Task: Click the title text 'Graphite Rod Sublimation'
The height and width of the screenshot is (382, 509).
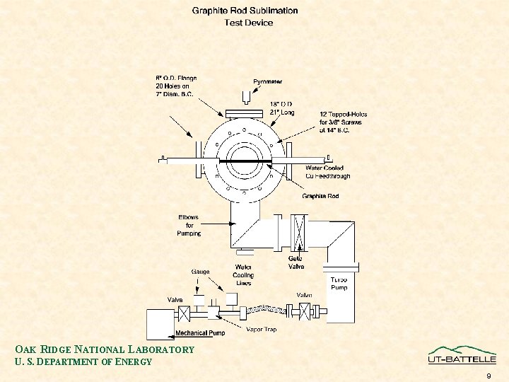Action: (245, 11)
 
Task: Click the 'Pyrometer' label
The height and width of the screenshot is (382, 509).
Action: (268, 81)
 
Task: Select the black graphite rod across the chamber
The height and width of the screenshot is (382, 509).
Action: (245, 161)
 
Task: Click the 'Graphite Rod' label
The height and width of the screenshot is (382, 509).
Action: (320, 196)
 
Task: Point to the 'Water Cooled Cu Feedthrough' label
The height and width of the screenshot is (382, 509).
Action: (327, 172)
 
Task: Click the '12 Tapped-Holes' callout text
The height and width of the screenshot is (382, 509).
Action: (343, 122)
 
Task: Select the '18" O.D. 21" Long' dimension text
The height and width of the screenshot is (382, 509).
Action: (282, 108)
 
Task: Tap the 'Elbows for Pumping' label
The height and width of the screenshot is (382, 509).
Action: (189, 225)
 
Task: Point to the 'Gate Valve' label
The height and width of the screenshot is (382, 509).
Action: (296, 262)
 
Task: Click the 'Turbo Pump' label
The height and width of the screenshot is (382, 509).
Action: (339, 283)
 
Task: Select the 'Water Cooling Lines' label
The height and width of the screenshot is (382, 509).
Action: (243, 275)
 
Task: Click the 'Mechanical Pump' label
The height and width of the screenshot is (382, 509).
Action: (201, 332)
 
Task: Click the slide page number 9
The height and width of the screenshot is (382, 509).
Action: (488, 376)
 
